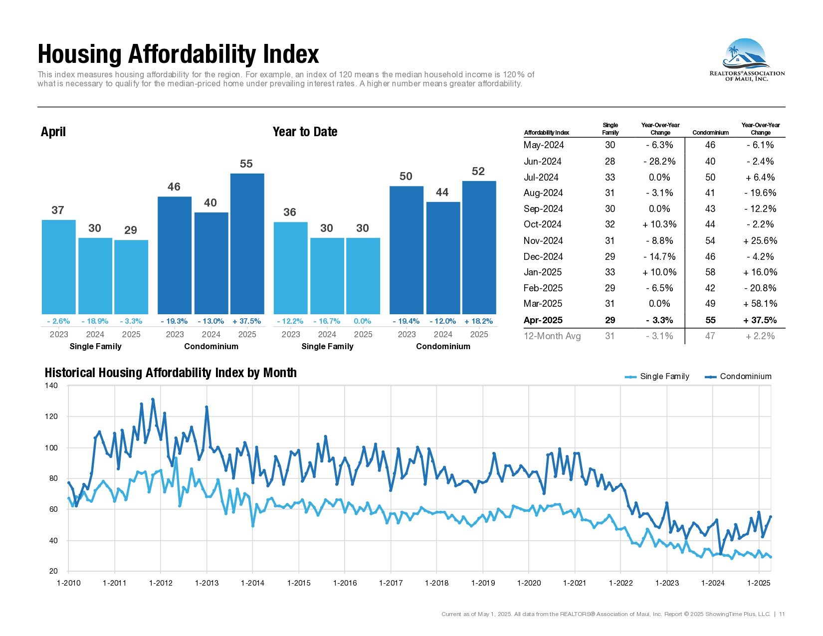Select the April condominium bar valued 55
tap(247, 243)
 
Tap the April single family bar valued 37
tap(59, 267)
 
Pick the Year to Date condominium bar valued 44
tap(443, 258)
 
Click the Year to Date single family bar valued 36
tap(290, 268)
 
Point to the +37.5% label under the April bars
tap(246, 321)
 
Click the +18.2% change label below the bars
tap(478, 321)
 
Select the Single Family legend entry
tap(657, 377)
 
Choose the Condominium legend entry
tap(738, 377)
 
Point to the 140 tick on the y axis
tap(51, 386)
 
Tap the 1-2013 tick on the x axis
tap(207, 583)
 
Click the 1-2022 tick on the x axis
tap(621, 583)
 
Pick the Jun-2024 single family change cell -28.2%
tap(659, 161)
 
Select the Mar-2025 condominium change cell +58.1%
tap(760, 304)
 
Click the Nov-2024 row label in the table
tap(543, 240)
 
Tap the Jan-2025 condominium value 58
tap(710, 272)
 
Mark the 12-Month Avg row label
tap(552, 336)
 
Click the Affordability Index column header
tap(547, 133)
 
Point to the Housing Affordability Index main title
tap(178, 54)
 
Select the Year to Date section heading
tap(305, 132)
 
